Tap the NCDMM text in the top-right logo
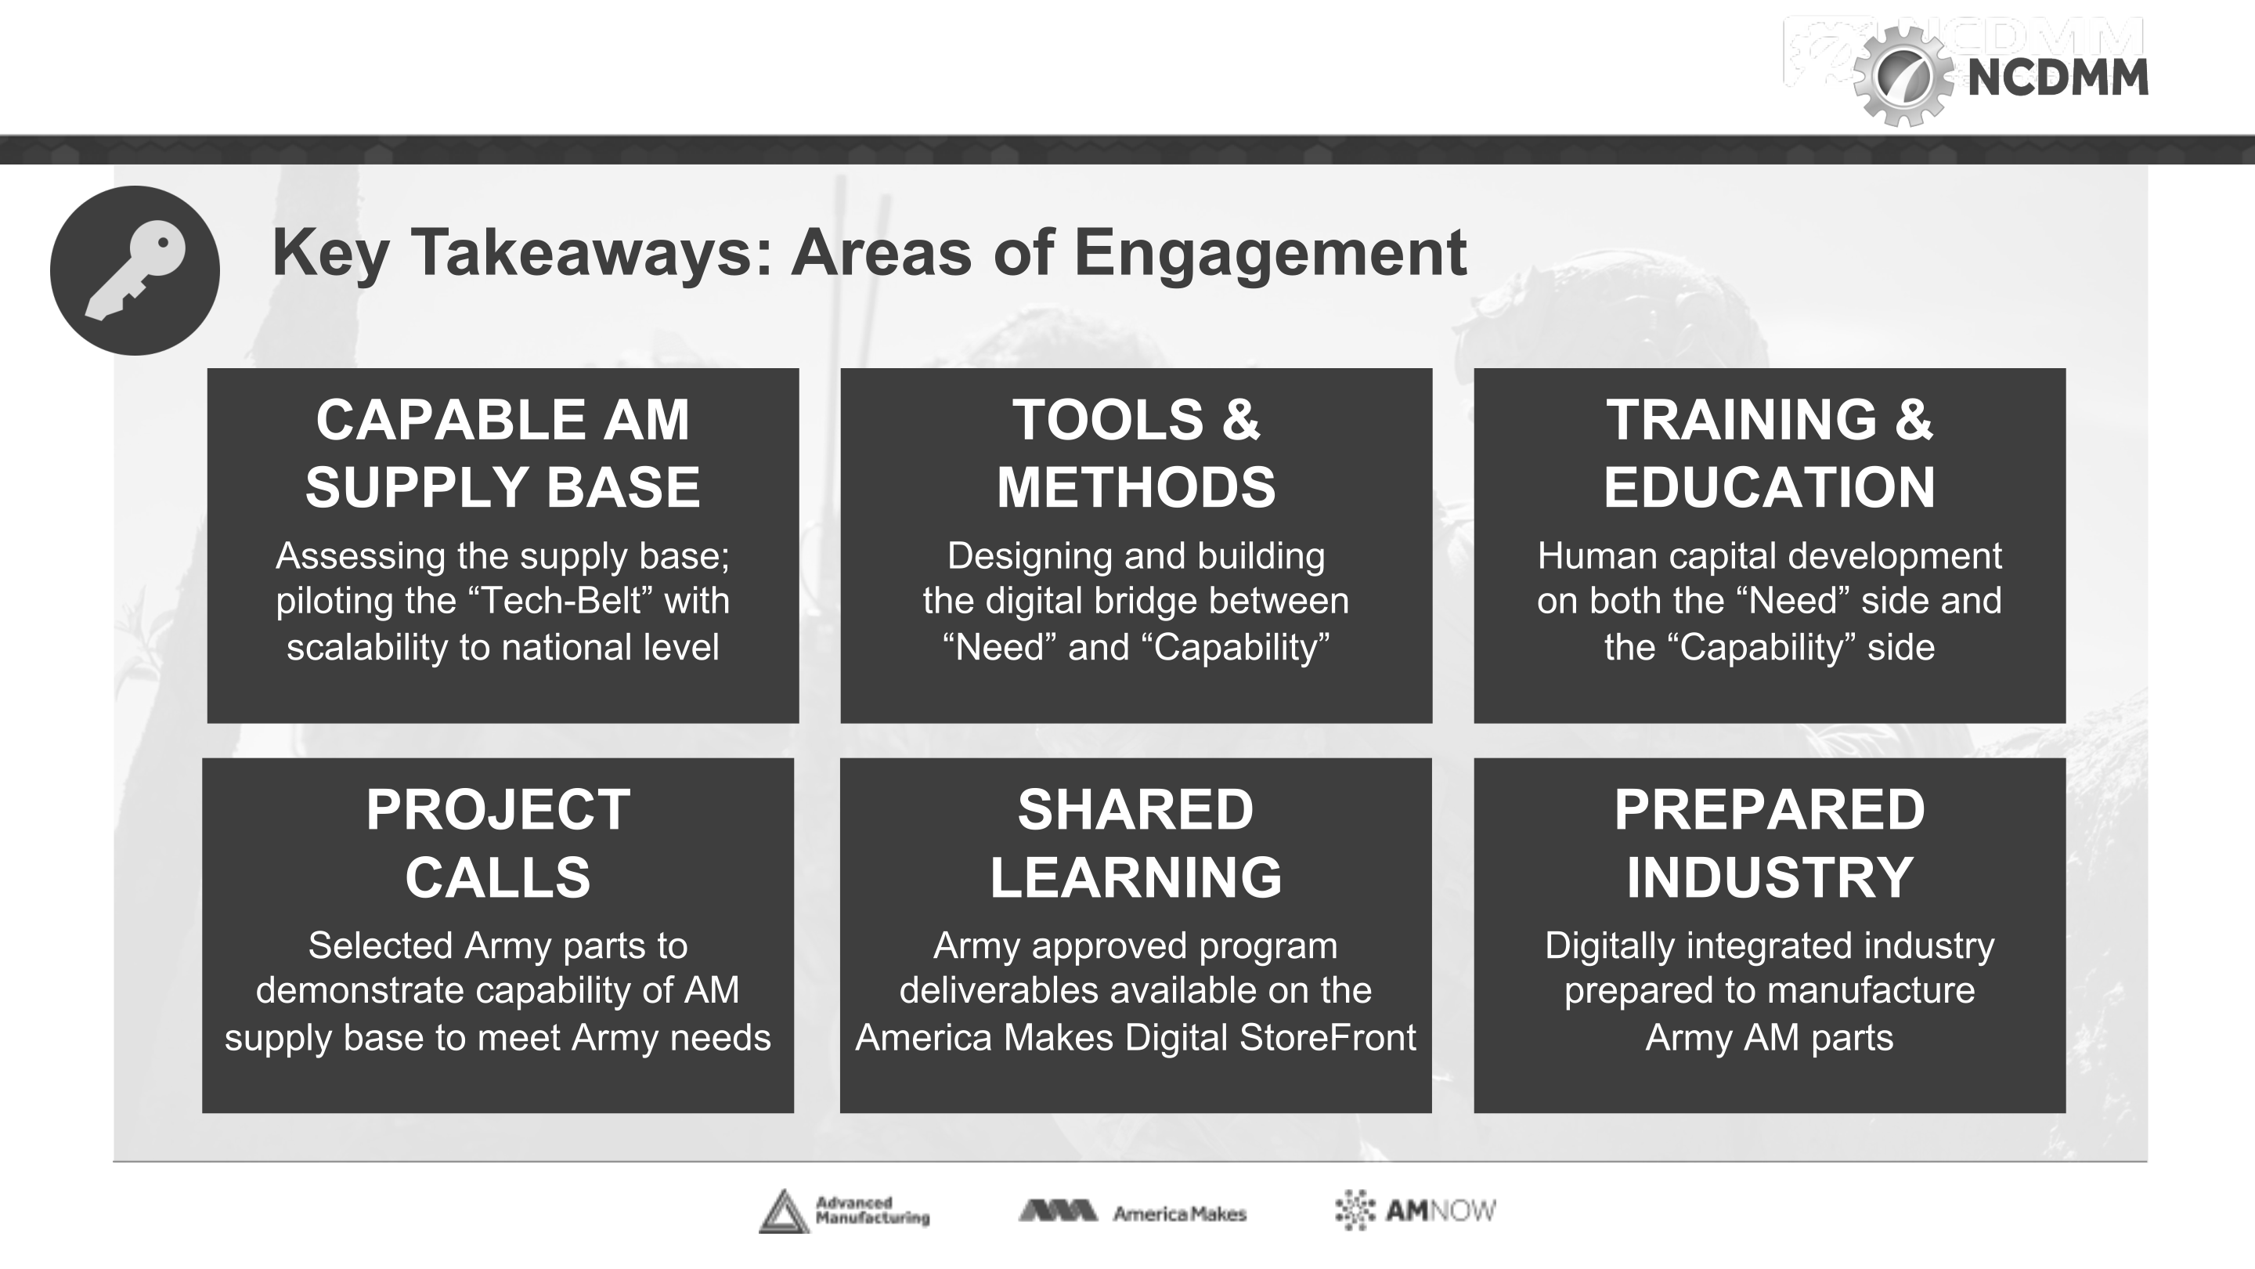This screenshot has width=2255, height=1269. [2057, 78]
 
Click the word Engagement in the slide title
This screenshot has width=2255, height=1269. [1270, 253]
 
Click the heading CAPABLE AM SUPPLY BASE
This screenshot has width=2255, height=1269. [503, 453]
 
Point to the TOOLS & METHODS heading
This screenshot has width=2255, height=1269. [1136, 453]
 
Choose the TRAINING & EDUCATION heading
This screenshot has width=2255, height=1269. [1770, 453]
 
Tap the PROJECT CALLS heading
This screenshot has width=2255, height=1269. [498, 843]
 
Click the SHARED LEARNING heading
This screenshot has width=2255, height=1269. [1136, 843]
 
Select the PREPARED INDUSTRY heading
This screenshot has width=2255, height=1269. [1770, 843]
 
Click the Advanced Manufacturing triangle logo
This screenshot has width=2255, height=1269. [784, 1211]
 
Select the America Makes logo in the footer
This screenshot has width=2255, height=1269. [1132, 1212]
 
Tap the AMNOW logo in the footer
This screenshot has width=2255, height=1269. [1416, 1210]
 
